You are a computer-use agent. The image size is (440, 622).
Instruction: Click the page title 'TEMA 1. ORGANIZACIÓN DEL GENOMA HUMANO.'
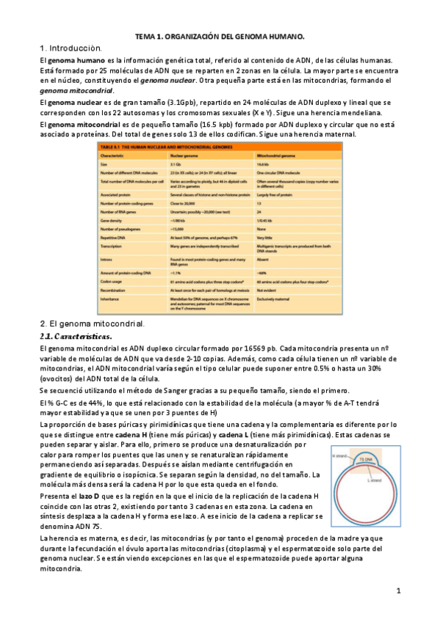220,35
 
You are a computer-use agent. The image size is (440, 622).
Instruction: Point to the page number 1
397,590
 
